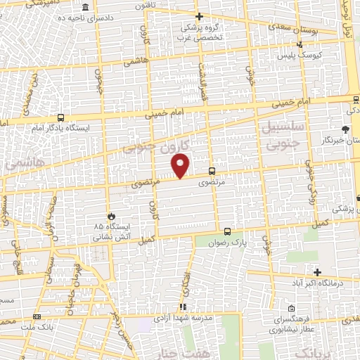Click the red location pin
(x=181, y=165)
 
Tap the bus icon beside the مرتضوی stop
(x=212, y=171)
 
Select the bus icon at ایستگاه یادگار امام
(x=61, y=118)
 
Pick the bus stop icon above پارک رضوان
(x=227, y=231)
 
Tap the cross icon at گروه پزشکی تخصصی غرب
(x=199, y=16)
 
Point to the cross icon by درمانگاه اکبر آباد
(x=318, y=272)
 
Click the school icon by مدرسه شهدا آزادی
(x=183, y=307)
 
